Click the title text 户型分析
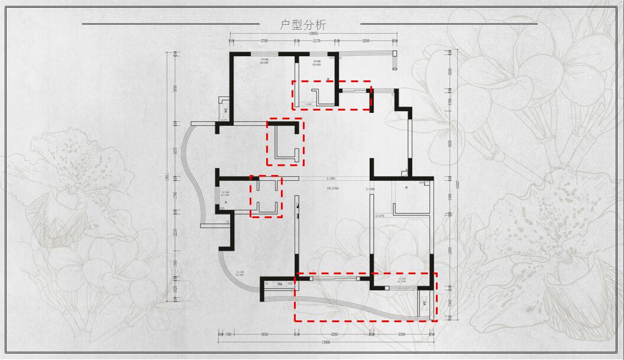[302, 25]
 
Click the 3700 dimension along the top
[264, 40]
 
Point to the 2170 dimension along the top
[316, 40]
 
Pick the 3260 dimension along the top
[365, 40]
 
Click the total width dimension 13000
[325, 342]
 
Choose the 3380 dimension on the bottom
[402, 335]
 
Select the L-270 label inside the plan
[380, 216]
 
